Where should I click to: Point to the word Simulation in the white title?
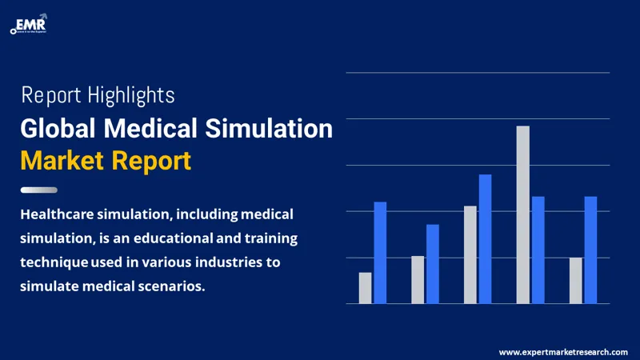(x=268, y=128)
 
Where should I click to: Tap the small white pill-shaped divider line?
(x=38, y=190)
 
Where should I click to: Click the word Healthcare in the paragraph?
(x=61, y=214)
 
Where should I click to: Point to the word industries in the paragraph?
(x=225, y=262)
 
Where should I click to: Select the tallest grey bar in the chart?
(x=522, y=214)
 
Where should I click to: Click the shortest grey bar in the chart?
(x=365, y=288)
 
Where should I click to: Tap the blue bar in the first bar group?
(x=381, y=252)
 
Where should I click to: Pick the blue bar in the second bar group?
(x=433, y=264)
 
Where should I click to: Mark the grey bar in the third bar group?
(x=470, y=254)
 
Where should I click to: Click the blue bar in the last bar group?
(x=590, y=250)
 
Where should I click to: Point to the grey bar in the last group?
(x=575, y=280)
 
